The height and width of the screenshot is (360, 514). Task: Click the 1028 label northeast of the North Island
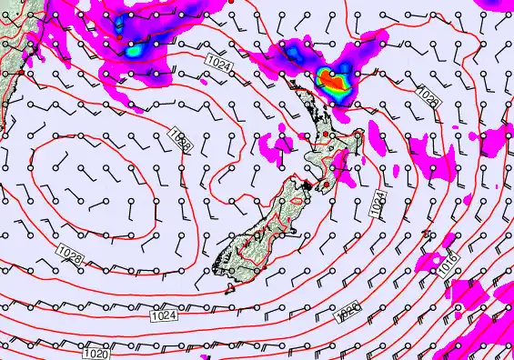coord(428,97)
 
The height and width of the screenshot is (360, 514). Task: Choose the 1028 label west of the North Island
coord(179,139)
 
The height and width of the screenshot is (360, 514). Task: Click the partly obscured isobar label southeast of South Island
coord(348,312)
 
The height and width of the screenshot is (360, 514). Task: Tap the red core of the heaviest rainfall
coord(334,85)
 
